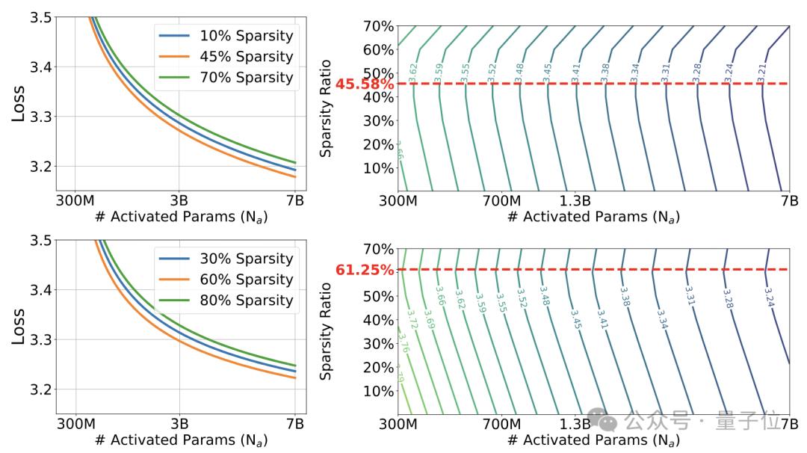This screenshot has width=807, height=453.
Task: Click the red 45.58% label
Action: tap(364, 84)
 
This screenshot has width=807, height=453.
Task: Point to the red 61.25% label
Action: tap(364, 270)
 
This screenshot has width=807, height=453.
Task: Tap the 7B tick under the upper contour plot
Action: tap(789, 200)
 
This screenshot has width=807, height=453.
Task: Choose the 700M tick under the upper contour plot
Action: tap(501, 200)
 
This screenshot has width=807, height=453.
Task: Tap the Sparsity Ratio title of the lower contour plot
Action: tap(326, 329)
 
